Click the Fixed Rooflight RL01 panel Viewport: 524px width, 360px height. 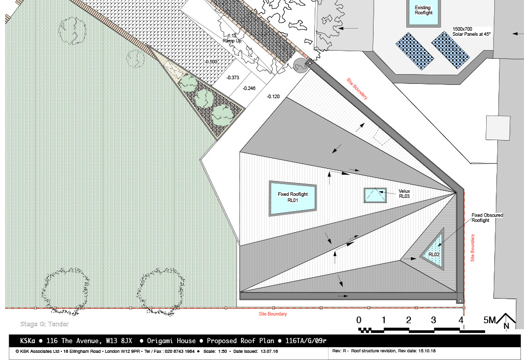(293, 198)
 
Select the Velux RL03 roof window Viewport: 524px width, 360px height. (375, 195)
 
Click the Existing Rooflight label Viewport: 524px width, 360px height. (423, 10)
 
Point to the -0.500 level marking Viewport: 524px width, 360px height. (211, 62)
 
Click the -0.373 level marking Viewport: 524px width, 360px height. (233, 78)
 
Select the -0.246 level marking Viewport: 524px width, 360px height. (249, 88)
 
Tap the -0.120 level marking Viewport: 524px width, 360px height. (273, 97)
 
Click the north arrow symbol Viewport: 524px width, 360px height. (506, 321)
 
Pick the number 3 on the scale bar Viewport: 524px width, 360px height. (433, 320)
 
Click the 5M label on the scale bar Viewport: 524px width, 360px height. (490, 320)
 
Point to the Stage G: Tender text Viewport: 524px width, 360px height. (45, 324)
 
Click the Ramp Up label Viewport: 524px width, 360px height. (232, 41)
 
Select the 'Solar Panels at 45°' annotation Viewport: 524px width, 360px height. (471, 34)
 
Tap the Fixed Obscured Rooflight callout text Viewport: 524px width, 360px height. (487, 218)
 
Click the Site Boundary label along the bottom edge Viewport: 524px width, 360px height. (273, 314)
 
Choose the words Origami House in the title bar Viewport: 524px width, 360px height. (171, 341)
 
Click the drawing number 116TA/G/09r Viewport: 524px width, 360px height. (306, 341)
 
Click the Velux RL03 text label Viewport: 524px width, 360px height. (404, 194)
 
